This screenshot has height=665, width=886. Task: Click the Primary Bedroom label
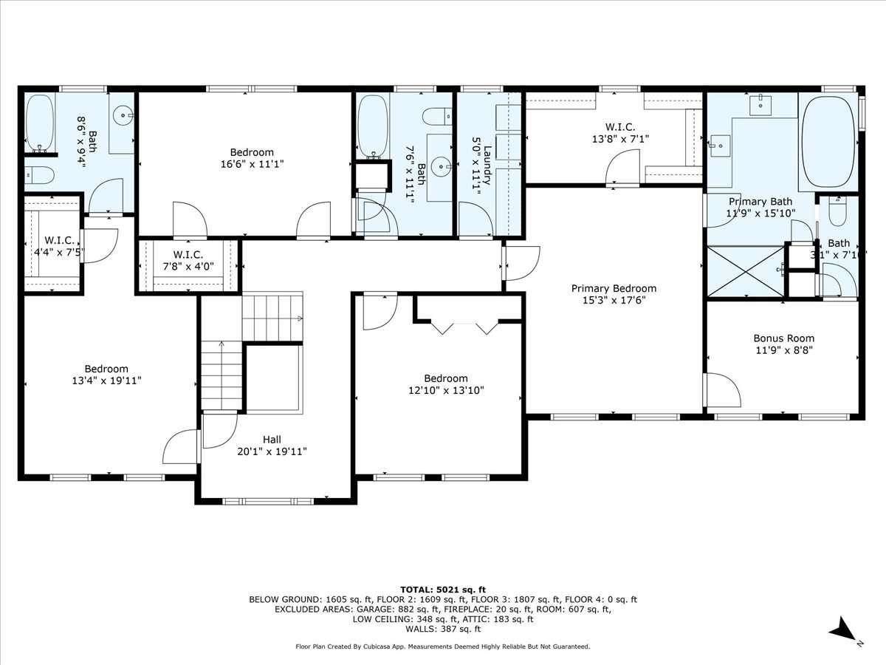(614, 289)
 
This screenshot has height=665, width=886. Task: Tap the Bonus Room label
(783, 338)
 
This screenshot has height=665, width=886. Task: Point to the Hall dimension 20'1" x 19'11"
(272, 451)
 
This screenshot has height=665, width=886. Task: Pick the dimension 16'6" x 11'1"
(252, 165)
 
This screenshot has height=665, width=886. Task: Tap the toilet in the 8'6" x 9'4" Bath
(39, 175)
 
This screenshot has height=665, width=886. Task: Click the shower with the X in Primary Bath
(745, 271)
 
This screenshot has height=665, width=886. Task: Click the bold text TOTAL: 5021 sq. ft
(442, 589)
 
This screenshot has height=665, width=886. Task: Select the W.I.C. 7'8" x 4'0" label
(188, 262)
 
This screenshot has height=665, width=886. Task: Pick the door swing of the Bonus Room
(723, 389)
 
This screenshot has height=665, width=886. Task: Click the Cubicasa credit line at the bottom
(442, 647)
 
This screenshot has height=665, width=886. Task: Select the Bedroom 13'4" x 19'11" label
(106, 375)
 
